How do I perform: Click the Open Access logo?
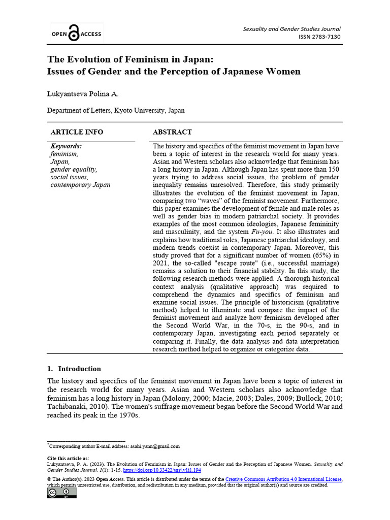76,34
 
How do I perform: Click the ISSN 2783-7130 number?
319,37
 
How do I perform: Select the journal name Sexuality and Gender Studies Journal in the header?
291,29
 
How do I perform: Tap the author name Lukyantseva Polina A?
83,94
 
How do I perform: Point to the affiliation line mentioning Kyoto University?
116,110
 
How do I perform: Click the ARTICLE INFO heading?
77,132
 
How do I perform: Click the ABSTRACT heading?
172,132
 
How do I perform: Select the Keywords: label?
66,146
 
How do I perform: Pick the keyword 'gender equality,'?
74,169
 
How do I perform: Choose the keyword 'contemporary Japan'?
80,185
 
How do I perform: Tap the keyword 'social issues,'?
69,177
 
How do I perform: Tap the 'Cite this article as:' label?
68,458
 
